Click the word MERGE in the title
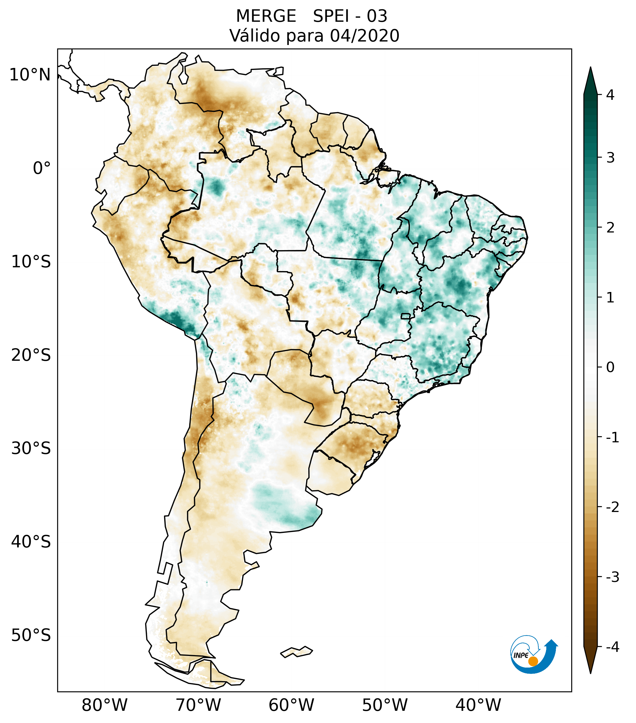[x=266, y=16]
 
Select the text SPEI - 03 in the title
[x=350, y=16]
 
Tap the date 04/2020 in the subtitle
[x=365, y=36]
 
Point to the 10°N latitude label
[x=30, y=75]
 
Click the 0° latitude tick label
[x=42, y=168]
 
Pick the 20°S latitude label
[x=31, y=355]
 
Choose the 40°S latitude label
[x=31, y=542]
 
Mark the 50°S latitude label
[x=31, y=635]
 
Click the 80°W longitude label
[x=105, y=705]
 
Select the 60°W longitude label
[x=291, y=705]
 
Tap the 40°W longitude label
[x=478, y=705]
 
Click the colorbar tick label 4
[x=610, y=95]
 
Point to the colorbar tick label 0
[x=610, y=367]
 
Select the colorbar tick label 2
[x=610, y=228]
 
